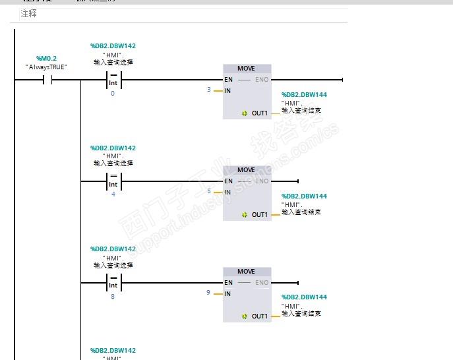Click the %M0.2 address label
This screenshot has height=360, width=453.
(46, 59)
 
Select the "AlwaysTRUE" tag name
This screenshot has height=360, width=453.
(46, 67)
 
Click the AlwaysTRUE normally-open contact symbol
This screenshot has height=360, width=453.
(47, 80)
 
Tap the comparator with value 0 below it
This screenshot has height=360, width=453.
(113, 80)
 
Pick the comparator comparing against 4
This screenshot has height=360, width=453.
(113, 181)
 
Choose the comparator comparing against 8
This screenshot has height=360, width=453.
(113, 283)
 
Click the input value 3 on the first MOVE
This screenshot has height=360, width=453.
(209, 90)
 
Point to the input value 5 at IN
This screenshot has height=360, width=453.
(209, 191)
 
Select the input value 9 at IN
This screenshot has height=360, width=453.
(209, 293)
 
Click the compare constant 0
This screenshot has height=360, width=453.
(113, 94)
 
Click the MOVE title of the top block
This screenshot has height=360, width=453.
(247, 69)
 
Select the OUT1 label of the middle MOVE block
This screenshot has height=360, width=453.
(260, 215)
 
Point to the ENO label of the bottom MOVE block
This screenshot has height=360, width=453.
(262, 283)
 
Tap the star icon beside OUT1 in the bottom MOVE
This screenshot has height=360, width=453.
(245, 316)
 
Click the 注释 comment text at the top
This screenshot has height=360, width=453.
(28, 13)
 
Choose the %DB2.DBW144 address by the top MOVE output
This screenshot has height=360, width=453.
(304, 95)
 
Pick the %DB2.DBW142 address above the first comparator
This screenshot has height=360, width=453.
(113, 46)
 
